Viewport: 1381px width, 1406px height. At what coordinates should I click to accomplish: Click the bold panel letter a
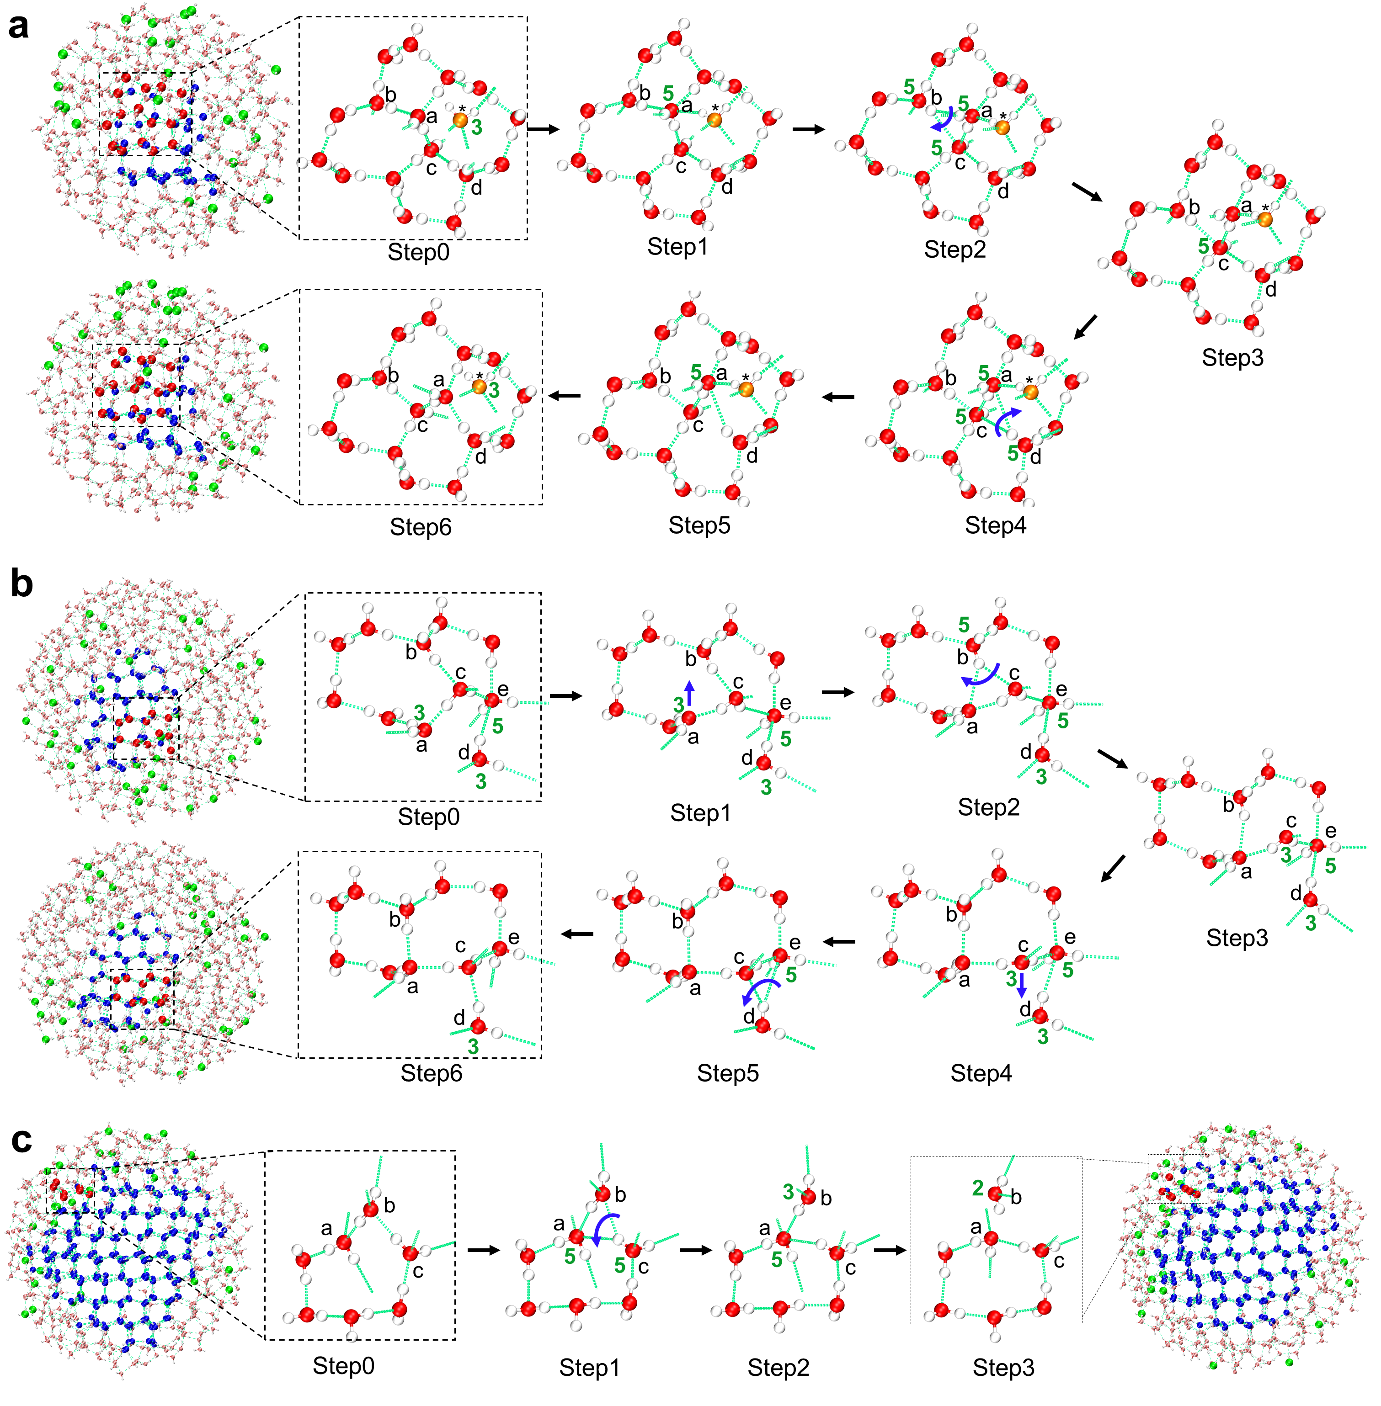point(18,27)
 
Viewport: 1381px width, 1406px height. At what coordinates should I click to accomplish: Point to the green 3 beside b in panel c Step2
point(789,1191)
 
